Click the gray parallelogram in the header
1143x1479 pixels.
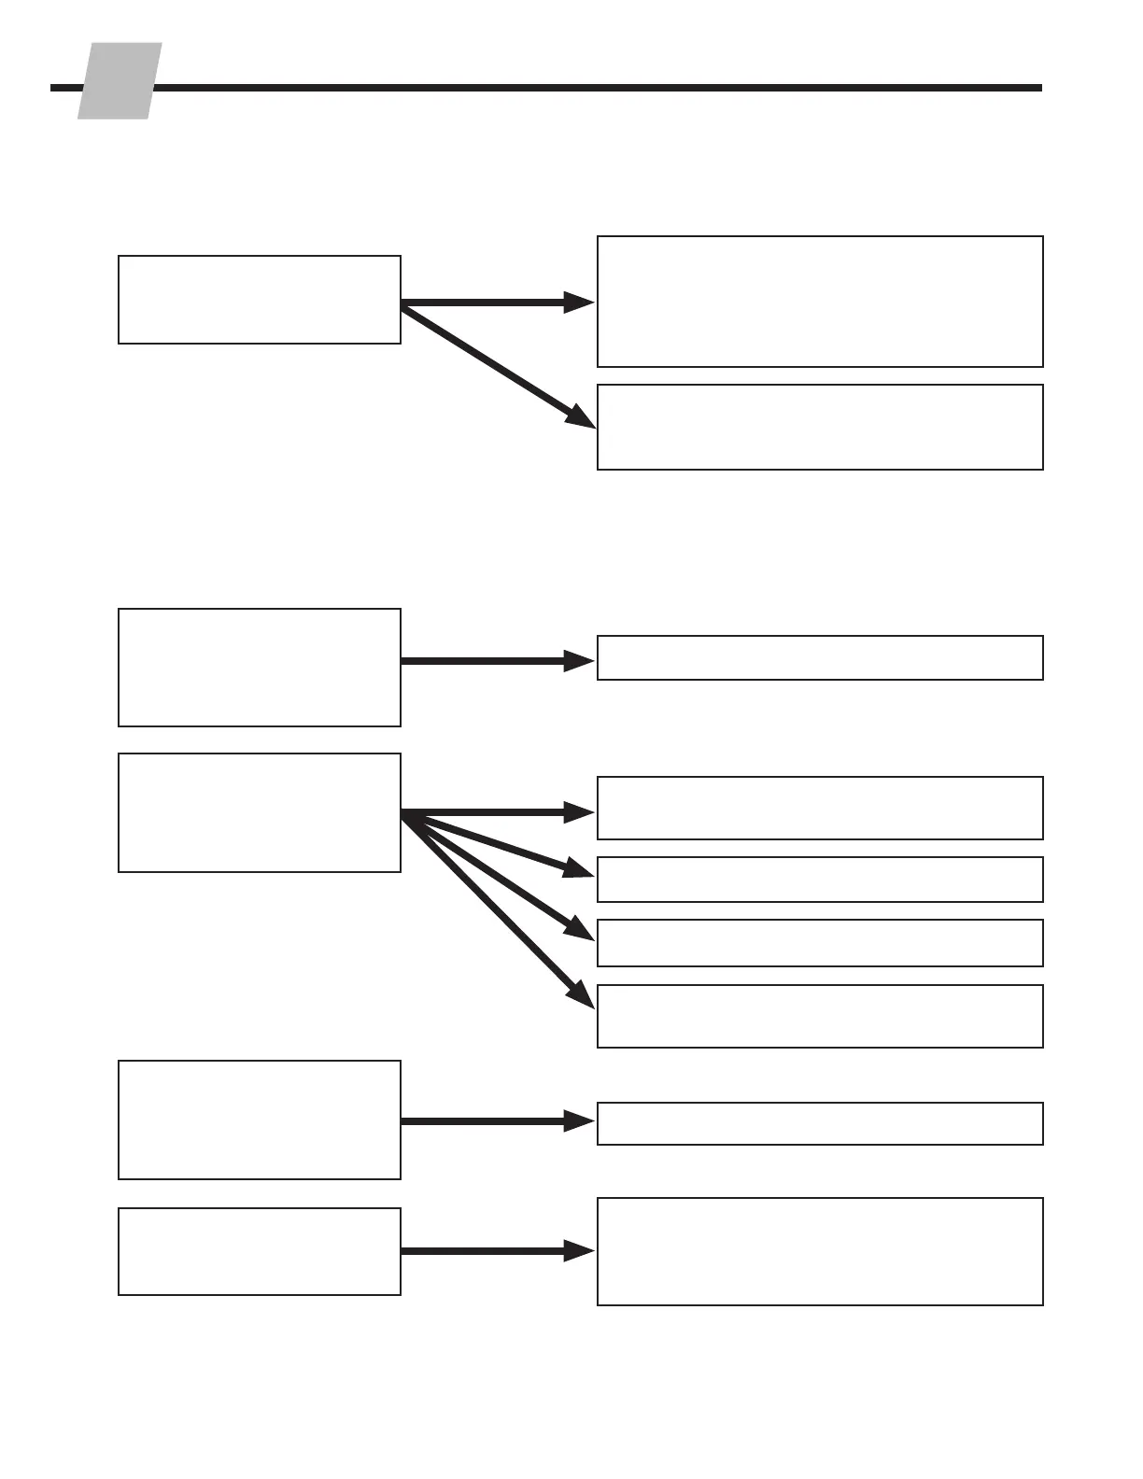click(x=119, y=81)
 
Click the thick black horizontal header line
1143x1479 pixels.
click(x=598, y=88)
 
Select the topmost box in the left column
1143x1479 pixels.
click(x=260, y=300)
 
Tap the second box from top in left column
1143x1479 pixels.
click(x=260, y=668)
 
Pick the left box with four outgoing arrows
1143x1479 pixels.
click(x=260, y=813)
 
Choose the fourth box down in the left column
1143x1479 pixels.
click(x=260, y=1120)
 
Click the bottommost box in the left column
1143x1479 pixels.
click(x=260, y=1251)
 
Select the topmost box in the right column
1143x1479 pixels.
click(x=820, y=302)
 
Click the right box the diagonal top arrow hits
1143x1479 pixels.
click(x=820, y=427)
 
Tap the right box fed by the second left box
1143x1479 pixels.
click(x=820, y=658)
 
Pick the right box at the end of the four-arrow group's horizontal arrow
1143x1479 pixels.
click(x=820, y=808)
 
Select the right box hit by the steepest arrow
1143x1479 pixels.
click(x=820, y=1016)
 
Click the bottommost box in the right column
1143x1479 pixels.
click(x=820, y=1251)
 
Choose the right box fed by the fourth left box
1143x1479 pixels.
click(x=820, y=1123)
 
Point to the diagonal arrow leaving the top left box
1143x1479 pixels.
click(x=495, y=366)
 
